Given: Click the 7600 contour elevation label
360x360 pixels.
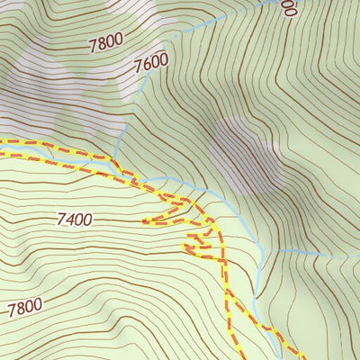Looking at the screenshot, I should click(x=150, y=64).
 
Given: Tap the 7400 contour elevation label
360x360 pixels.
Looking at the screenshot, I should click(x=74, y=219).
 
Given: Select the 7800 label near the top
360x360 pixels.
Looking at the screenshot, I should click(x=108, y=41).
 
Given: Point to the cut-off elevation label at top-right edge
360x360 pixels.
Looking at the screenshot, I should click(x=289, y=7).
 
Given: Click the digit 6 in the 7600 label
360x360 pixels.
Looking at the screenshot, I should click(x=148, y=65).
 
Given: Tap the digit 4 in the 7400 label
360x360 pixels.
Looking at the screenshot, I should click(x=69, y=219).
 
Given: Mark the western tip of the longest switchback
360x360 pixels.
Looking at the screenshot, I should click(x=144, y=220).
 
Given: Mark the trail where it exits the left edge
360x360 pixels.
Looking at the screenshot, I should click(x=3, y=142).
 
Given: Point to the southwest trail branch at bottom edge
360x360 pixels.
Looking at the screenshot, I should click(x=236, y=356).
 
